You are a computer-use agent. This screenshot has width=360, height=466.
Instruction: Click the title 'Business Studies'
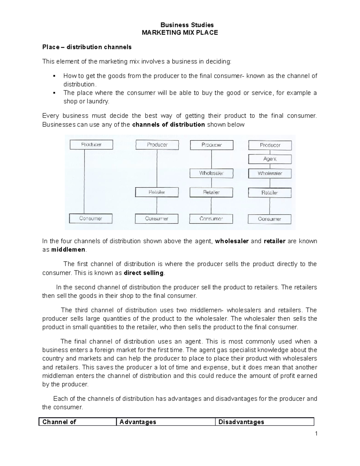[x=187, y=25]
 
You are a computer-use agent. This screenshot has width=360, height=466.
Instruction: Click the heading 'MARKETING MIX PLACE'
[x=180, y=33]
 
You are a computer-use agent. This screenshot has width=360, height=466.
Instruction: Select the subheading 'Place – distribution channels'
[x=87, y=47]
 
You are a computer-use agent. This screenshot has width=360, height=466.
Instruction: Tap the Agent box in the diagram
[x=270, y=159]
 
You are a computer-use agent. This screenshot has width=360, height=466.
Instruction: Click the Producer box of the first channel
[x=91, y=145]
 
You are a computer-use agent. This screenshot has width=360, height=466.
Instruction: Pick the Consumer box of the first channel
[x=91, y=218]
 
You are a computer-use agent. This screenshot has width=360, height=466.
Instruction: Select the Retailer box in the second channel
[x=157, y=192]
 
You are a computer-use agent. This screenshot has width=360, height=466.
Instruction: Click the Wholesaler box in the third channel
[x=211, y=173]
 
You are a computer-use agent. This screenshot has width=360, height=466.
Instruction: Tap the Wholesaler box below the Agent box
[x=270, y=173]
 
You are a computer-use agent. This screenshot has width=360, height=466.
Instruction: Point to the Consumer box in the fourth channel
[x=269, y=219]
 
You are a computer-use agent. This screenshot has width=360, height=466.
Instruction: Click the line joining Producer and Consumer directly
[x=84, y=182]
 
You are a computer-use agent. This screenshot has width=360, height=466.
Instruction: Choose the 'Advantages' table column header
[x=138, y=422]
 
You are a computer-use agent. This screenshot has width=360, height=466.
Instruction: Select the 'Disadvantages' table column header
[x=241, y=422]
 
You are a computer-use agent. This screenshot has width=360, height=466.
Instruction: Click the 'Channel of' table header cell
[x=59, y=422]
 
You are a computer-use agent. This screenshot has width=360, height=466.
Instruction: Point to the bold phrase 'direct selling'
[x=144, y=273]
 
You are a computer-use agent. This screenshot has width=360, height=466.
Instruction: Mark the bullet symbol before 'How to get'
[x=54, y=76]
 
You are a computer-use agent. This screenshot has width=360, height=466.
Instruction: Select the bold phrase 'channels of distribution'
[x=168, y=125]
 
